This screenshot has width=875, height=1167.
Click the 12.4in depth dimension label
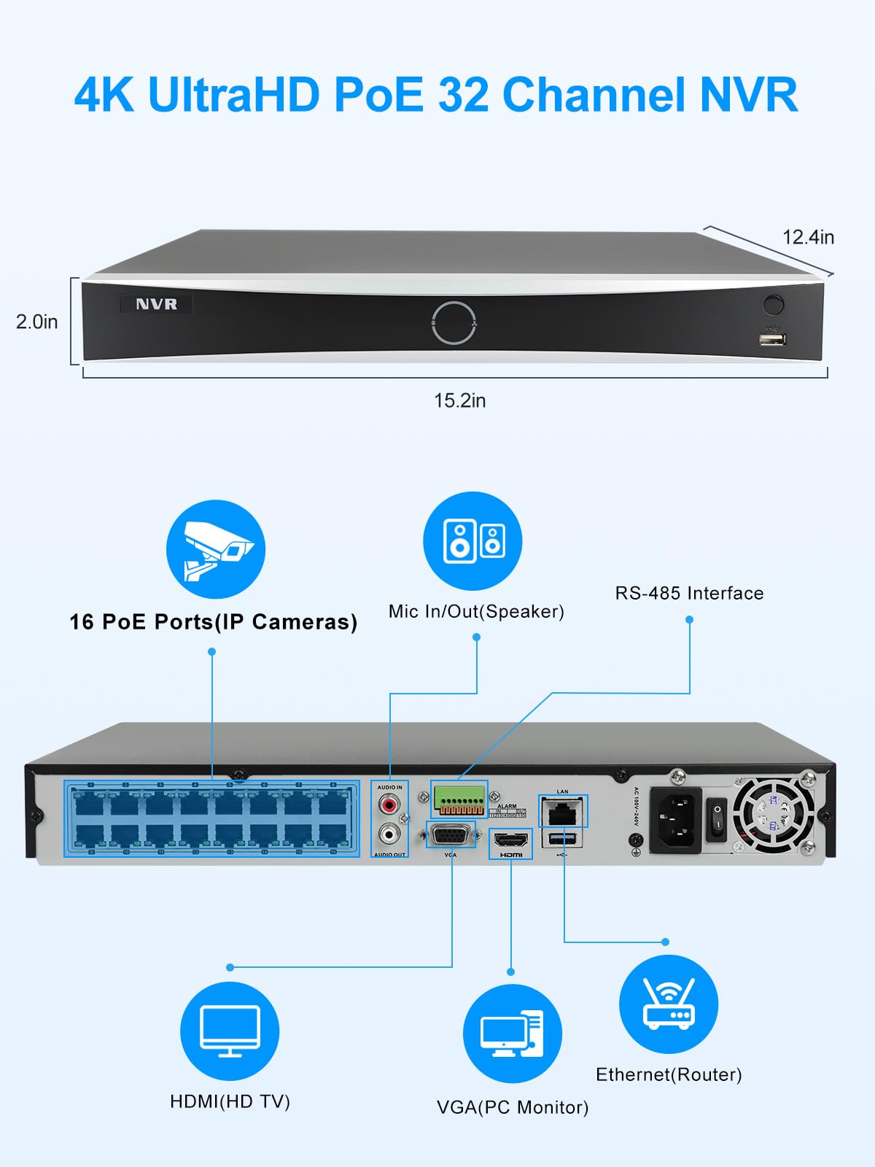[808, 237]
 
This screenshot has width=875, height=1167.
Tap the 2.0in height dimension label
[36, 322]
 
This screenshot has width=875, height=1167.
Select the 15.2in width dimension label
[459, 400]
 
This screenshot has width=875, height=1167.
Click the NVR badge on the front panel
[156, 304]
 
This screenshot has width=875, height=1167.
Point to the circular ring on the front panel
[454, 322]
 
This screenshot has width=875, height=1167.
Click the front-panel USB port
[771, 339]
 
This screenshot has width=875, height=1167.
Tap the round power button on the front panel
[773, 303]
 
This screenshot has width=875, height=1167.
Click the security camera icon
[216, 549]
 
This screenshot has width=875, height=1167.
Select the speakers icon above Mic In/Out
[472, 541]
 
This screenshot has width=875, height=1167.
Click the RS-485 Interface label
[689, 593]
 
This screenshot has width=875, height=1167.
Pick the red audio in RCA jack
[389, 805]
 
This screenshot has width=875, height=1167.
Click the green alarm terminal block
[459, 799]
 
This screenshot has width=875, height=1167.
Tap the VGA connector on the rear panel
[450, 834]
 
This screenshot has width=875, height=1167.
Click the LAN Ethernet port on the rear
[562, 810]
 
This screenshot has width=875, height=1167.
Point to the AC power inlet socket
[675, 820]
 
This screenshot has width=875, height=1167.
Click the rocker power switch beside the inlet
[717, 818]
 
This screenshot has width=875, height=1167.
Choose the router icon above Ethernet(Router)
[669, 1004]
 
